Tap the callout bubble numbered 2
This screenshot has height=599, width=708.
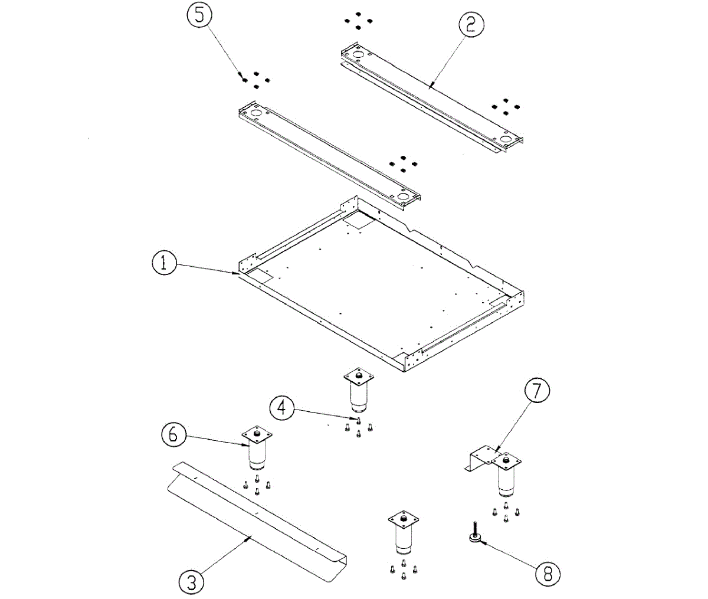point(471,24)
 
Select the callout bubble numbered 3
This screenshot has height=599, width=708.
point(191,582)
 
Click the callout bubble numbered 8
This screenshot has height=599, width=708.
point(548,572)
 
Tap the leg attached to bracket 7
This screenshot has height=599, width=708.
point(506,475)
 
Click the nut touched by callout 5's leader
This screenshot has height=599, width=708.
point(244,78)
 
